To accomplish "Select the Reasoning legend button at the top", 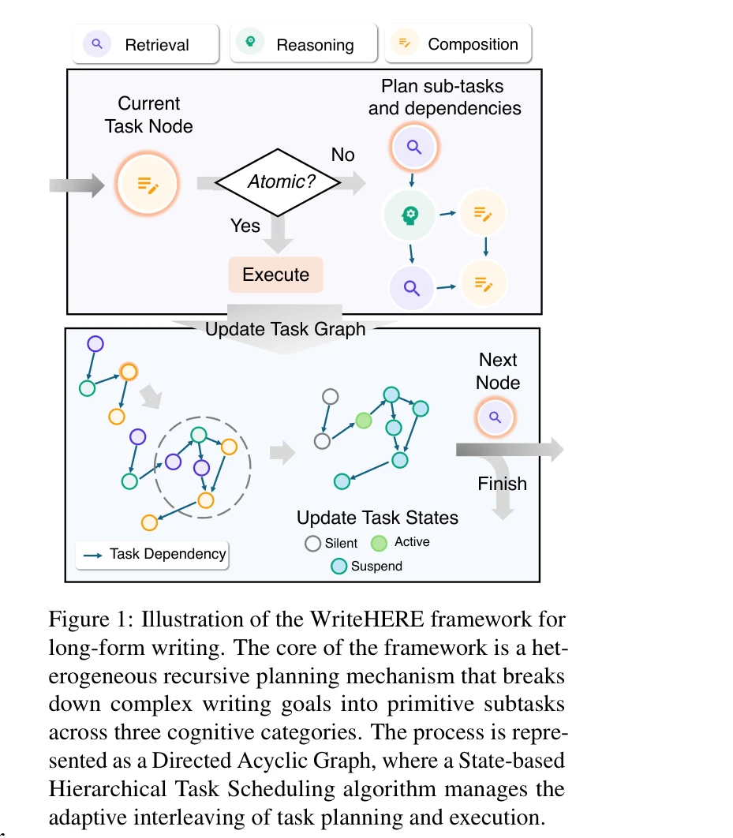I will (302, 44).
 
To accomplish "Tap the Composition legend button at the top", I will (458, 44).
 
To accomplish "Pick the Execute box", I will (275, 275).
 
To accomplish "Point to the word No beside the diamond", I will (343, 155).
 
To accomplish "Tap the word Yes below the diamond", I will (245, 226).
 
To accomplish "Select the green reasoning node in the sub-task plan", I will (410, 214).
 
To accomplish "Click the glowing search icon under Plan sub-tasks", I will (414, 146).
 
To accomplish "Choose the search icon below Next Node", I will (495, 417).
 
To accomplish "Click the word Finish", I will (502, 483).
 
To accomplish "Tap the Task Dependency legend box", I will (154, 554).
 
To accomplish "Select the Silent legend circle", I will (313, 543).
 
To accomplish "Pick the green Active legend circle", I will (379, 542).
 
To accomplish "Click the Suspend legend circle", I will (338, 566).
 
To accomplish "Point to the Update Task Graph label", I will (285, 329).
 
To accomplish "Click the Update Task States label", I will (377, 518).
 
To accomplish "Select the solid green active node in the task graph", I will (363, 421).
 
